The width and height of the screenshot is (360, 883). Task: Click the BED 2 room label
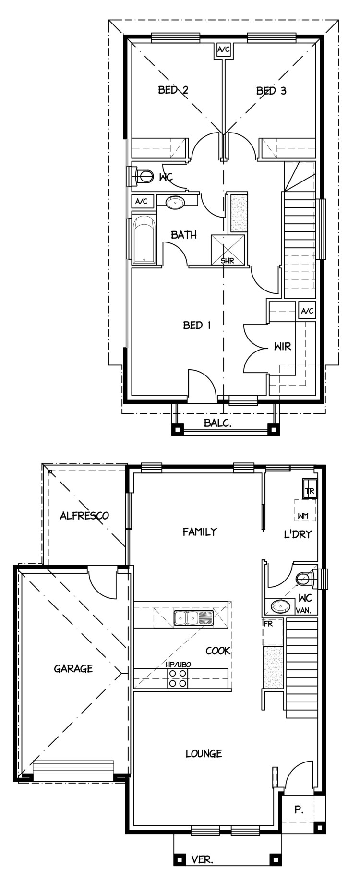(x=173, y=90)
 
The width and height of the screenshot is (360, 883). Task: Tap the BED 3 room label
(x=271, y=90)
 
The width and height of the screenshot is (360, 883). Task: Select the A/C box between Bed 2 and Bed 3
(x=224, y=49)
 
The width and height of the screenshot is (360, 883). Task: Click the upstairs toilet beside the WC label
(x=139, y=176)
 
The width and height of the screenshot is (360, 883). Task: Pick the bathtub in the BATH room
(x=144, y=240)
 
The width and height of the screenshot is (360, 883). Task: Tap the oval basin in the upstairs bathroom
(x=175, y=203)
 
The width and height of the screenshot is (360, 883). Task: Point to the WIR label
(x=282, y=346)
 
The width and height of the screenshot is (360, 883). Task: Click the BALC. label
(x=218, y=423)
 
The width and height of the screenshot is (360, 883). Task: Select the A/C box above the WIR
(x=307, y=311)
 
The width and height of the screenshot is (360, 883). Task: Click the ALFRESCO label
(x=84, y=516)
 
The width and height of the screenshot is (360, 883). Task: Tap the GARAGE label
(x=73, y=668)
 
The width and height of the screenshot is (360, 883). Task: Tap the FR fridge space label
(x=268, y=624)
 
